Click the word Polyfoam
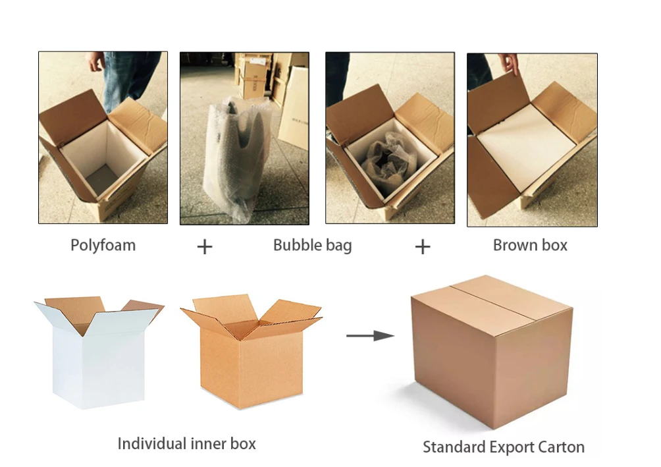click(103, 246)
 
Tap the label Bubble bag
click(312, 246)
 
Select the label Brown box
click(530, 246)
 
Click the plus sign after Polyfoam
click(205, 247)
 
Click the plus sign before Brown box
click(422, 247)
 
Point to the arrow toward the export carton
click(370, 336)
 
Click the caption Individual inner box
click(186, 443)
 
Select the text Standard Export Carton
click(503, 447)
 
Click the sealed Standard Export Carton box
click(490, 356)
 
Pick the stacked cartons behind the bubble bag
click(257, 72)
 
